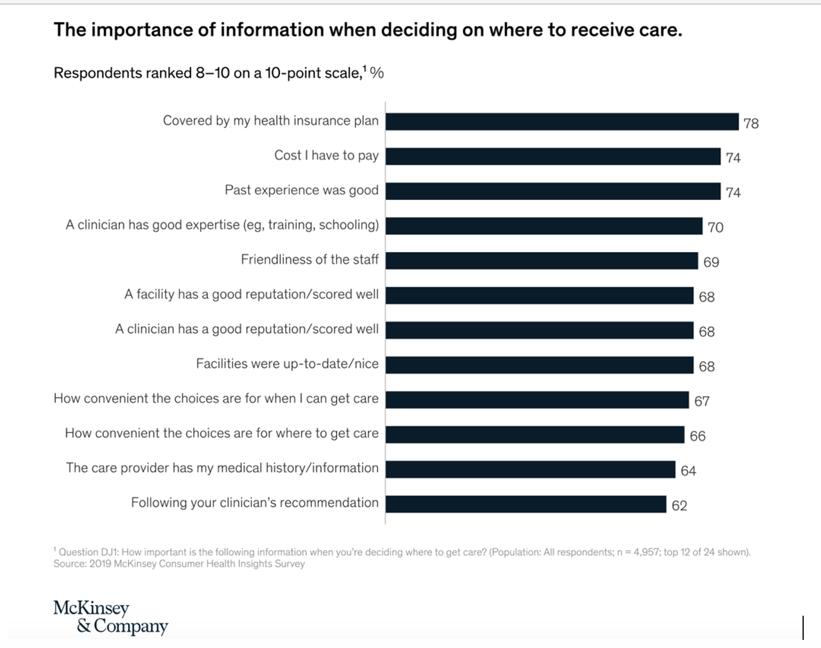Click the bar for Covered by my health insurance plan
pos(562,122)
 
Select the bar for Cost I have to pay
pos(553,156)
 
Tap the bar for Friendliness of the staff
pos(541,261)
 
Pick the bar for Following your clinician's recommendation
pos(526,504)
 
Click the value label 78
pos(751,123)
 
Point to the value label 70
pos(715,228)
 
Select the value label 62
pos(679,506)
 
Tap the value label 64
pos(688,471)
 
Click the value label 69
pos(711,262)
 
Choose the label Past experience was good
pos(302,190)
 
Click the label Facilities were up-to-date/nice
pos(287,364)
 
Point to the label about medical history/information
pos(222,468)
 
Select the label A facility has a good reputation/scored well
pos(251,294)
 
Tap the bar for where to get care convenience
pos(535,435)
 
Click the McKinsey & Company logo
pos(110,617)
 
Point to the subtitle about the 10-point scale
pos(219,73)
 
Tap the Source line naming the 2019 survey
pos(179,564)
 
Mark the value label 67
pos(702,401)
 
